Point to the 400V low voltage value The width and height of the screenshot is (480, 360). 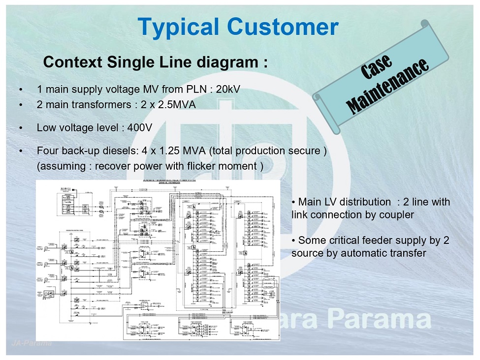(x=139, y=128)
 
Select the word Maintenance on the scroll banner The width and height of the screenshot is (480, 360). (x=387, y=86)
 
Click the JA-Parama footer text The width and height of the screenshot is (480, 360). (x=31, y=343)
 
